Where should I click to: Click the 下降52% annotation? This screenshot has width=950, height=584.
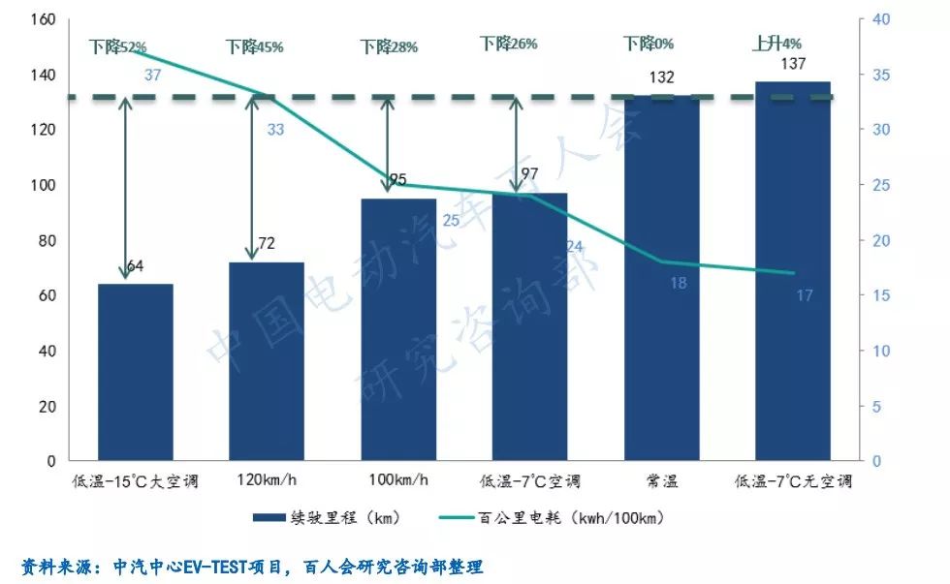[117, 46]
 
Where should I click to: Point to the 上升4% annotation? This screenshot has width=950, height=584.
[776, 44]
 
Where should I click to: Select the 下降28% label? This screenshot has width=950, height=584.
[389, 46]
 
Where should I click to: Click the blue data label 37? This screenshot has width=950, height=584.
[152, 75]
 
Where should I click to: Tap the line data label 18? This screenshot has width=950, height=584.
[679, 283]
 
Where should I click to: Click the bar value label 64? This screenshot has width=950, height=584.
[135, 265]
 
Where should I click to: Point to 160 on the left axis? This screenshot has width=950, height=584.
[45, 19]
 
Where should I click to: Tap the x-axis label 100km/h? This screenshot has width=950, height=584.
[397, 480]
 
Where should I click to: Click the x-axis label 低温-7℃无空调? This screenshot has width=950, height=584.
[793, 480]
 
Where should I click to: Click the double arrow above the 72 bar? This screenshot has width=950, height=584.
[252, 179]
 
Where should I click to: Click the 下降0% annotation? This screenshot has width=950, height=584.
[649, 44]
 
